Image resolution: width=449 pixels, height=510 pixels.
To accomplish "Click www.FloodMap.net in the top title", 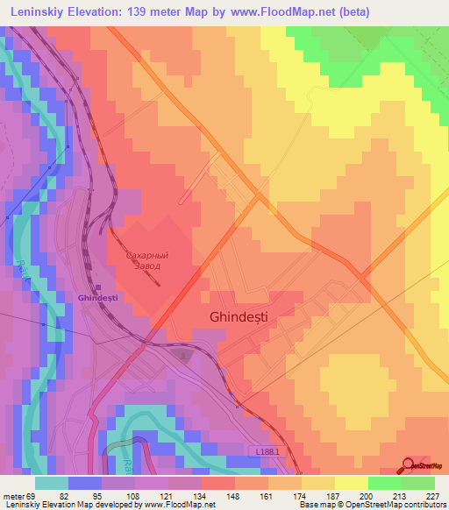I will coord(296,12).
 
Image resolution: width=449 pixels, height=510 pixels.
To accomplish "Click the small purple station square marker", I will coord(98,287).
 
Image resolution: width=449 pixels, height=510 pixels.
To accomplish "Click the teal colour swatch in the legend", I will coord(51,483).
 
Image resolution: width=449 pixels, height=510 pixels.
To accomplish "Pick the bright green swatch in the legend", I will coord(385,483).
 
